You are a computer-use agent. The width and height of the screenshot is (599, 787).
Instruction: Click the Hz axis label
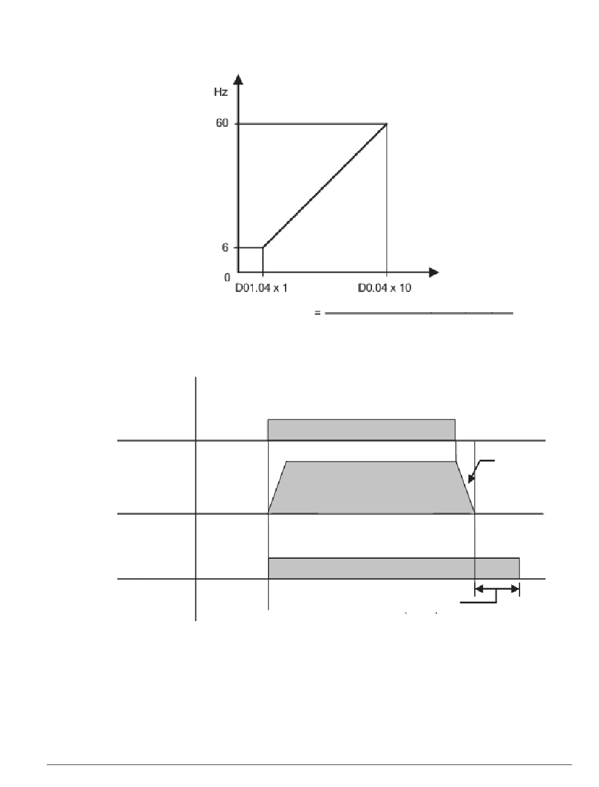click(221, 92)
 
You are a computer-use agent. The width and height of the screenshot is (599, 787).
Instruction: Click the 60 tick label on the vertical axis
click(222, 123)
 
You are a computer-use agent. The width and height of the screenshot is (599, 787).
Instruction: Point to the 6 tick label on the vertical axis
click(224, 247)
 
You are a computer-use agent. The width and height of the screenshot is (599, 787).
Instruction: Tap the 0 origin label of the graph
click(227, 277)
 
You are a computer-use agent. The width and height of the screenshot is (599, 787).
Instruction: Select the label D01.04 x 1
click(261, 288)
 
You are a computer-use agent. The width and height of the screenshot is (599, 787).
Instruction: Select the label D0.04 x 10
click(384, 288)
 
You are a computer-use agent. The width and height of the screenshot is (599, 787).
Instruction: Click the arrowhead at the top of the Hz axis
click(238, 79)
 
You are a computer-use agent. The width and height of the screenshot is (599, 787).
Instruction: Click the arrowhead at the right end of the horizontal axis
click(434, 272)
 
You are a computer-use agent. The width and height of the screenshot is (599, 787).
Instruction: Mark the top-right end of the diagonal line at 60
click(387, 124)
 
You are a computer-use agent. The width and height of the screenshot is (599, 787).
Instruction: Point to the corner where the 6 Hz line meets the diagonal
click(263, 247)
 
